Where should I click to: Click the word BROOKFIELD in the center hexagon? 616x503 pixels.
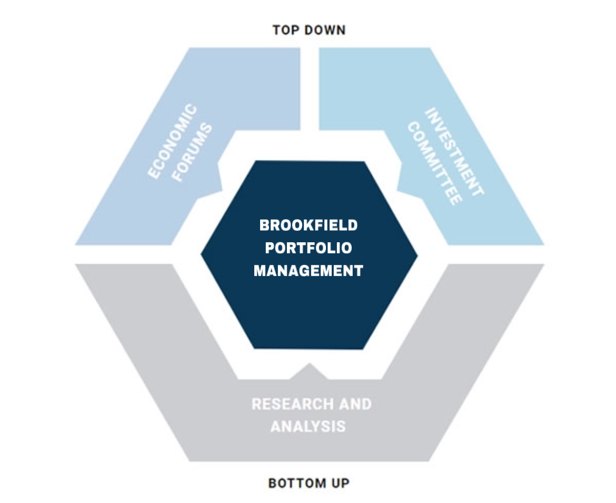tap(309, 225)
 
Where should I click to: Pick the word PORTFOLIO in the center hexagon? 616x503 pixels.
tap(309, 248)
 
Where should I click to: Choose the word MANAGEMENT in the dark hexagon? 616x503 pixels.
tap(309, 271)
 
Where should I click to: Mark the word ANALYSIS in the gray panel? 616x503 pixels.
tap(308, 426)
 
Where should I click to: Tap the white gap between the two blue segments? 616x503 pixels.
tap(310, 89)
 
